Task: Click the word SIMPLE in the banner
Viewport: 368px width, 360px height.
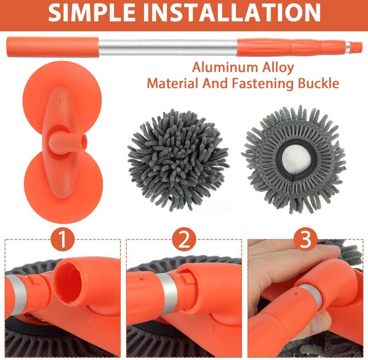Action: pos(91,13)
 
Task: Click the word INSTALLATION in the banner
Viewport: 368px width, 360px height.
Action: pos(231,13)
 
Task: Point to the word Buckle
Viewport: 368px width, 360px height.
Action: pos(318,83)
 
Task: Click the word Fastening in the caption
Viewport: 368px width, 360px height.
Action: pos(262,84)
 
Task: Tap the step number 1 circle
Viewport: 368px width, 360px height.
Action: pos(63,239)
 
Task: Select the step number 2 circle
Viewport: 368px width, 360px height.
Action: pos(184,239)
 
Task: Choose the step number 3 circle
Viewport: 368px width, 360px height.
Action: pos(305,239)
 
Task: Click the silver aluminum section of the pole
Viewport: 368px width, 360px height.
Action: pos(168,48)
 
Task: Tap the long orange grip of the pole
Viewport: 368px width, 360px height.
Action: pos(52,47)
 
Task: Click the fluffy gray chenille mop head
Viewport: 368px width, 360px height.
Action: pos(178,160)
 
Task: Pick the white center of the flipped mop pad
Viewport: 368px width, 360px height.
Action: pos(296,161)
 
